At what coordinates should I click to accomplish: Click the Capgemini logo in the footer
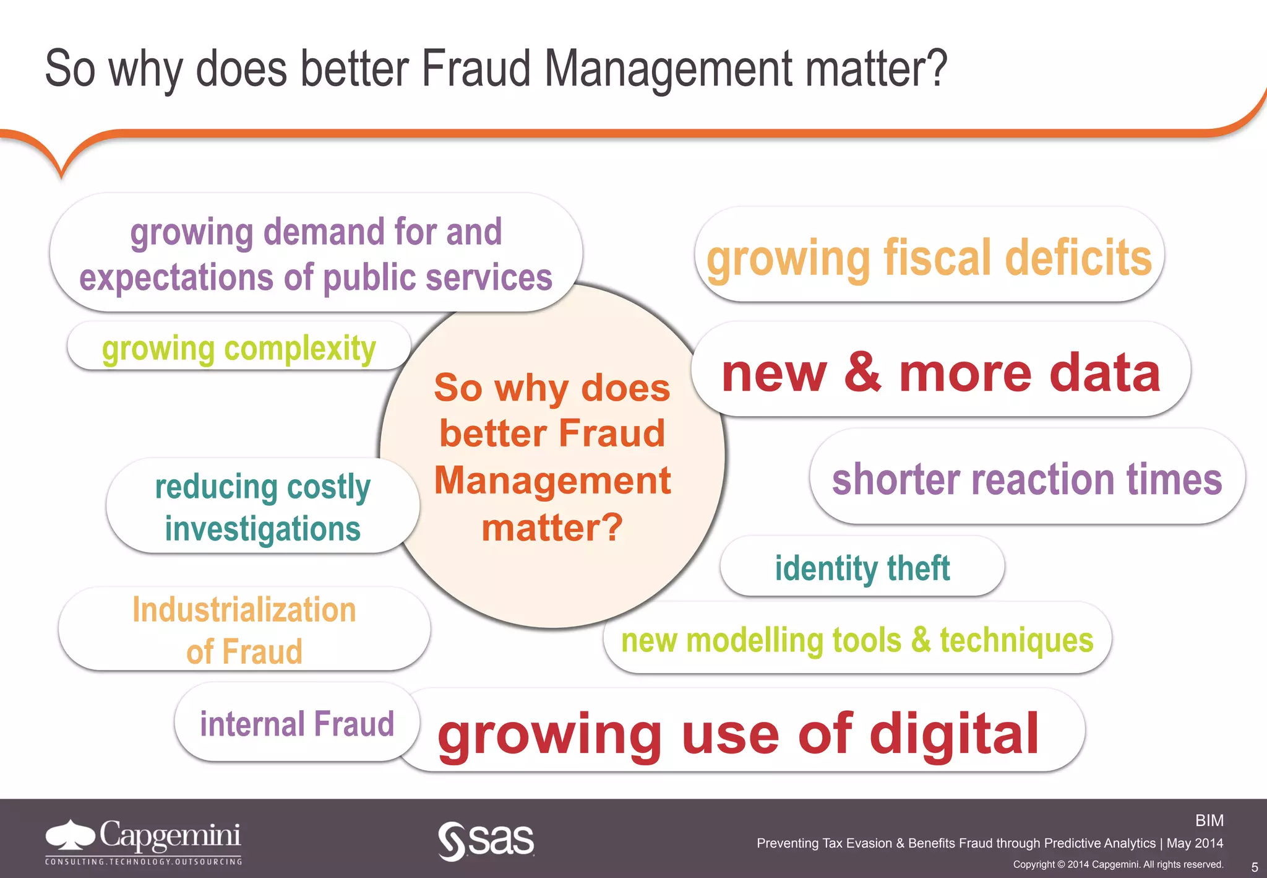(144, 836)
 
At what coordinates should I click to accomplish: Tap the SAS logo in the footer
(486, 840)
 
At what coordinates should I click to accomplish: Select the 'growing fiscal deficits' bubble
(929, 256)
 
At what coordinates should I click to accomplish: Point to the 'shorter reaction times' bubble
(1027, 479)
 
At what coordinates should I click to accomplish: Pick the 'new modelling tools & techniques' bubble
(857, 640)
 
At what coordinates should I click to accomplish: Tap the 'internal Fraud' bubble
(297, 723)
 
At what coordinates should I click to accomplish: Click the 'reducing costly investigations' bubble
(262, 507)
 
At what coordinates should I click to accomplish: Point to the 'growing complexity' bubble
(239, 348)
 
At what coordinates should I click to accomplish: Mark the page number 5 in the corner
(1254, 867)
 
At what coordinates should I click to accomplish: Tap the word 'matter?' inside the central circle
(552, 528)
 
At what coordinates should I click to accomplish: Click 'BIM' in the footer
(1209, 820)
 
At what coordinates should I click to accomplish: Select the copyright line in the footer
(1118, 864)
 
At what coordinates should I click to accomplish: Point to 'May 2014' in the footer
(1195, 843)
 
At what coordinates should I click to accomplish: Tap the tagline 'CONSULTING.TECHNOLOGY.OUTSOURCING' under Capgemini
(144, 861)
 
